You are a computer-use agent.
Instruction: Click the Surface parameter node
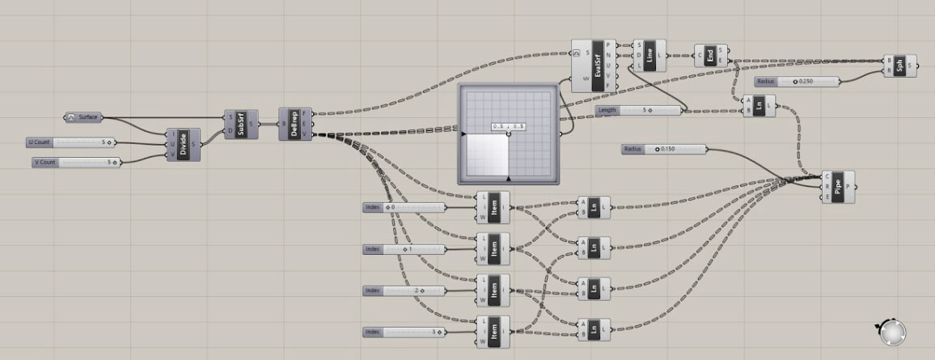click(x=83, y=117)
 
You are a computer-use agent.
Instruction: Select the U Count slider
click(x=70, y=142)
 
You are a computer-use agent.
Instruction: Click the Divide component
click(x=184, y=145)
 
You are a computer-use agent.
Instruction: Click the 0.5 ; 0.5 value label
click(x=509, y=126)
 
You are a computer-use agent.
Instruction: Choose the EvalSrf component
click(x=598, y=66)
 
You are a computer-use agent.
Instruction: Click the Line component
click(x=651, y=56)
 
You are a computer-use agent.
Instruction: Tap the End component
click(x=711, y=56)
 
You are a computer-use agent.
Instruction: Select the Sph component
click(x=900, y=65)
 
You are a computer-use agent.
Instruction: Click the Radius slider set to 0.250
click(x=797, y=82)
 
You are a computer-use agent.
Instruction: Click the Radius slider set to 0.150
click(x=663, y=149)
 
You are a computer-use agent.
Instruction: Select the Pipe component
click(x=837, y=187)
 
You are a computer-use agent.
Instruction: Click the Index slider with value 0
click(x=404, y=208)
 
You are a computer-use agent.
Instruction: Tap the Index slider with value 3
click(x=404, y=332)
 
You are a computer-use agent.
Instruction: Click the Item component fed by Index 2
click(x=493, y=290)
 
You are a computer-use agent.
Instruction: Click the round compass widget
click(x=892, y=332)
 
